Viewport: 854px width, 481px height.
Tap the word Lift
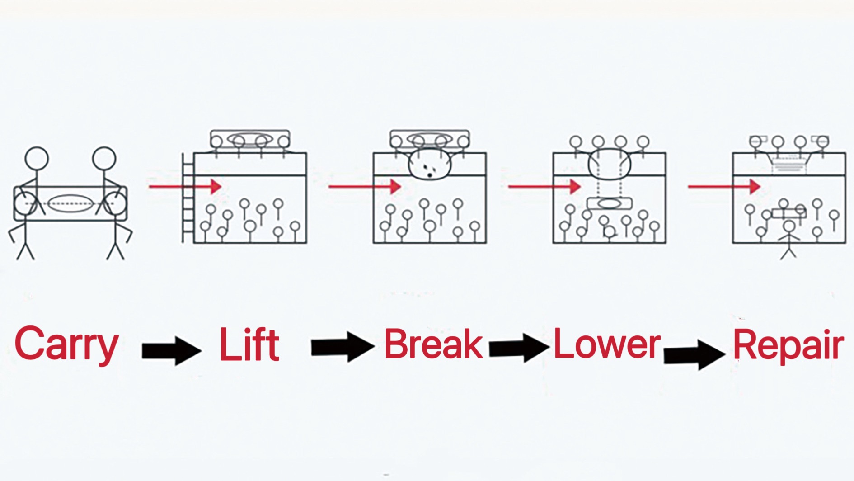[249, 344]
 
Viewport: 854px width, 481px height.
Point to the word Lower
[607, 343]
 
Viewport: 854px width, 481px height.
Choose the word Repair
[788, 346]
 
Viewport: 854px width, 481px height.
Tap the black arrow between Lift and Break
[343, 347]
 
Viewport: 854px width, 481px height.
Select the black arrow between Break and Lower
[519, 348]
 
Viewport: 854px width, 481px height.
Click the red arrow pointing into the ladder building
[185, 186]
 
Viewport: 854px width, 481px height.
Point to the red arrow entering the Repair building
[724, 186]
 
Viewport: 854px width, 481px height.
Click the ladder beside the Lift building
[188, 198]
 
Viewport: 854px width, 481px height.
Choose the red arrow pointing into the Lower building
[544, 186]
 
